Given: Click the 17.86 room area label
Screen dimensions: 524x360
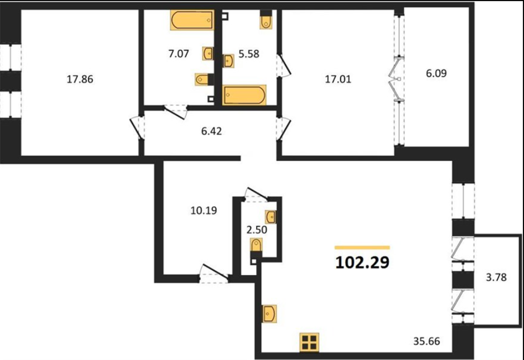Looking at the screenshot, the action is pyautogui.click(x=80, y=79).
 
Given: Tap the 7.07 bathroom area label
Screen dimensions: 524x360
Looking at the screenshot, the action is pyautogui.click(x=179, y=54).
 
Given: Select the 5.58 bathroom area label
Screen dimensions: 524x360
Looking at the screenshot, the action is pyautogui.click(x=249, y=54).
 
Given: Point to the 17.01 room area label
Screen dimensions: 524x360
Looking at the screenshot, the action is pyautogui.click(x=338, y=79).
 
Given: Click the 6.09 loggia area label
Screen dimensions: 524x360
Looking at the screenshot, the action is pyautogui.click(x=436, y=73).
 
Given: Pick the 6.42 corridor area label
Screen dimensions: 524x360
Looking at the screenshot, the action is pyautogui.click(x=211, y=131).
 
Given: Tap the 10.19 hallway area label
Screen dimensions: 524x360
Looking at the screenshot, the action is pyautogui.click(x=204, y=210).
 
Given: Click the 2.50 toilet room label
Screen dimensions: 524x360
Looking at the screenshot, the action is pyautogui.click(x=257, y=230).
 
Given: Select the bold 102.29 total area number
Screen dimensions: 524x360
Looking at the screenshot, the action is pyautogui.click(x=362, y=262).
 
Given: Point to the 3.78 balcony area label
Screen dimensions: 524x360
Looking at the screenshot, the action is pyautogui.click(x=496, y=277).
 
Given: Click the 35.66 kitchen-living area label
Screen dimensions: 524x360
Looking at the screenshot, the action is pyautogui.click(x=426, y=341).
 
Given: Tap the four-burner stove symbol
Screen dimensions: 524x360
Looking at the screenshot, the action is pyautogui.click(x=310, y=343).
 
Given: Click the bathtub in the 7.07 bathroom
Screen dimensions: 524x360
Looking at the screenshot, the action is pyautogui.click(x=192, y=20).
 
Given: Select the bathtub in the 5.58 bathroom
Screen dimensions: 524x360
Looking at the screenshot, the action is pyautogui.click(x=245, y=96).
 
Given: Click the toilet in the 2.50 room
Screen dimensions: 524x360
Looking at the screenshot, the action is pyautogui.click(x=256, y=246).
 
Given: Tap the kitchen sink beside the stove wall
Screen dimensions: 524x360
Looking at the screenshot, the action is pyautogui.click(x=270, y=314).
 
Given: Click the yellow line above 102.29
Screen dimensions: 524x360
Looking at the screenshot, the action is pyautogui.click(x=362, y=248).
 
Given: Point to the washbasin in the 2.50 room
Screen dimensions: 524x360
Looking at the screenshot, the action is pyautogui.click(x=270, y=217).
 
